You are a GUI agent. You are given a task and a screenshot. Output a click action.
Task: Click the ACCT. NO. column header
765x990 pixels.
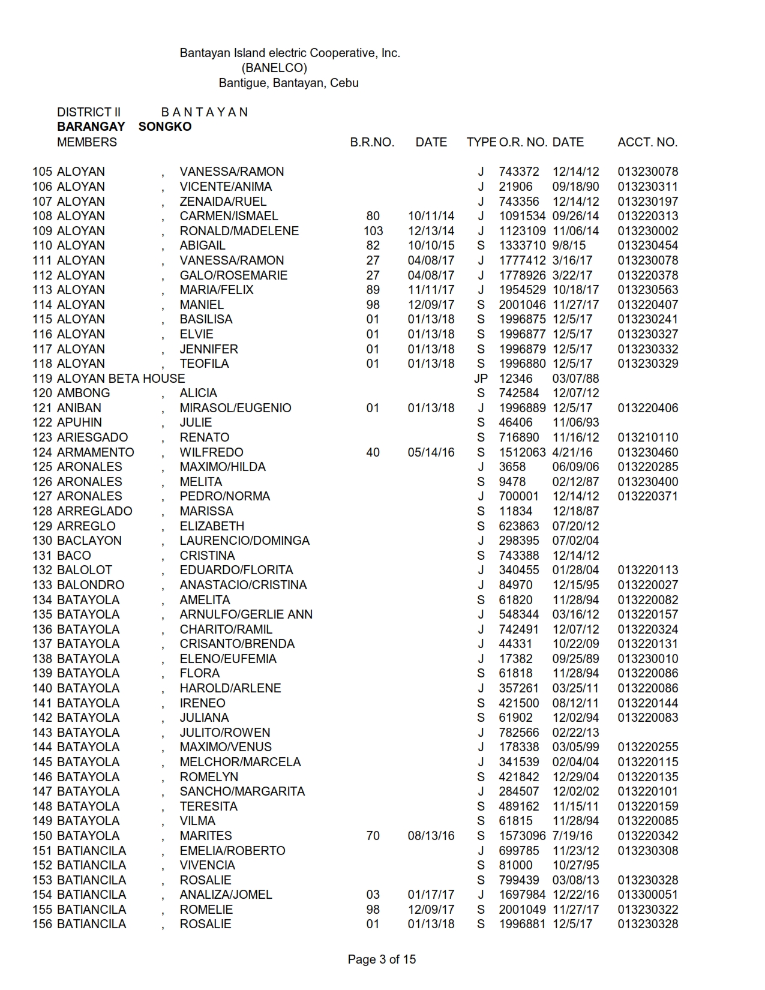[647, 142]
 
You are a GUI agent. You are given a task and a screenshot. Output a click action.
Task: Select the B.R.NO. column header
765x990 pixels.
[372, 142]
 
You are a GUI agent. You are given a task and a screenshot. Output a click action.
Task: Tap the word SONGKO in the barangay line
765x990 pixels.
[165, 127]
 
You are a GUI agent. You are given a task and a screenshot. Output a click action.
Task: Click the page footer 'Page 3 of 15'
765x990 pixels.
[382, 959]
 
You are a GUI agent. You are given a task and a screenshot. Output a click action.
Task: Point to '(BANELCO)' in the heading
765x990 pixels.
[274, 68]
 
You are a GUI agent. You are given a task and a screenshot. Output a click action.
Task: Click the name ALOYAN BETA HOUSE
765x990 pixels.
[121, 379]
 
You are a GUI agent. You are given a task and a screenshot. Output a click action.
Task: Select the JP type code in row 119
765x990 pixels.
[481, 379]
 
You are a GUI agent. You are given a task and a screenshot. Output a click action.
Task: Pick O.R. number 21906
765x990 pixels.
[515, 187]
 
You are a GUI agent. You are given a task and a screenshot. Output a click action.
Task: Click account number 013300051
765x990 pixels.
[648, 895]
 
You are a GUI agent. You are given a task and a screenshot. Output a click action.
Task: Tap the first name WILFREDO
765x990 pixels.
[211, 452]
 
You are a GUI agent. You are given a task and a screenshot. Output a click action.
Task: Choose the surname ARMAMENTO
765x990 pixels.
[95, 452]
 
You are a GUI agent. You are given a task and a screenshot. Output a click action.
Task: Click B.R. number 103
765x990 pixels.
[373, 231]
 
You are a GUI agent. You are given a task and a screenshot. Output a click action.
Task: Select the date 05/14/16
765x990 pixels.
[431, 452]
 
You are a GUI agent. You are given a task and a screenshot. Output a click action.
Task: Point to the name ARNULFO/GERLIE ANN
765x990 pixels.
[246, 614]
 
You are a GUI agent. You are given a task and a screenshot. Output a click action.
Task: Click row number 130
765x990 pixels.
[43, 541]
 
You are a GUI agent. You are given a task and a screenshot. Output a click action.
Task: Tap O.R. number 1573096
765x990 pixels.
[522, 836]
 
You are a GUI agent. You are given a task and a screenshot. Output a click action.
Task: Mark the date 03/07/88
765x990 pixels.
[575, 379]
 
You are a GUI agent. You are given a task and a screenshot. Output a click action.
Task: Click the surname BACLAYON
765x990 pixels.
[89, 541]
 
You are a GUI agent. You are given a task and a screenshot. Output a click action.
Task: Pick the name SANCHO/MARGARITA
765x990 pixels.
[242, 791]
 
